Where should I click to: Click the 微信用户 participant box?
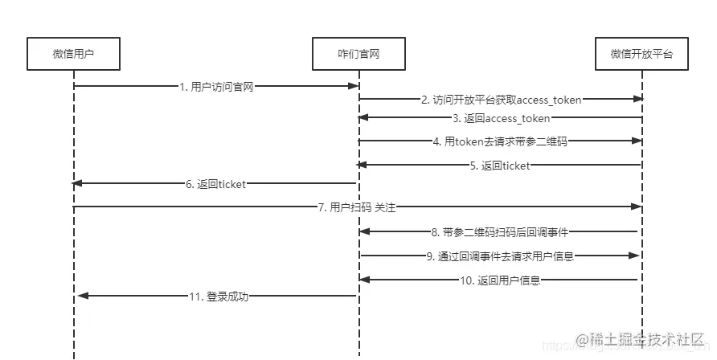(x=73, y=55)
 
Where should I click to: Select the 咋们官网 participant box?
(x=358, y=55)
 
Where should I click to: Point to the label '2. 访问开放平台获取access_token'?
(x=501, y=100)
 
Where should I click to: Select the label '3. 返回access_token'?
(x=501, y=118)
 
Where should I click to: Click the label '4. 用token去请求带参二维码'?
(x=501, y=141)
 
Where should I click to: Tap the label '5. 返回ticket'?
(x=501, y=166)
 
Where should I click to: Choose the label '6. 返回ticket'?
(x=216, y=184)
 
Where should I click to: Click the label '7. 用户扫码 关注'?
(x=358, y=207)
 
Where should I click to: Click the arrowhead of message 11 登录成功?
(x=81, y=297)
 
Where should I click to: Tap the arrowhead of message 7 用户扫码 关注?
(x=637, y=207)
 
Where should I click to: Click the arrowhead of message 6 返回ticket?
(x=77, y=183)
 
